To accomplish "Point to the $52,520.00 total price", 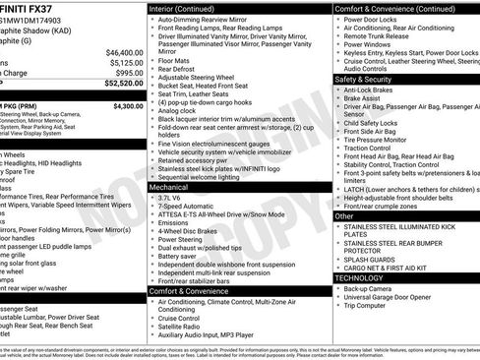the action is point(123,85).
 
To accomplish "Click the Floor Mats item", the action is point(174,60).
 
